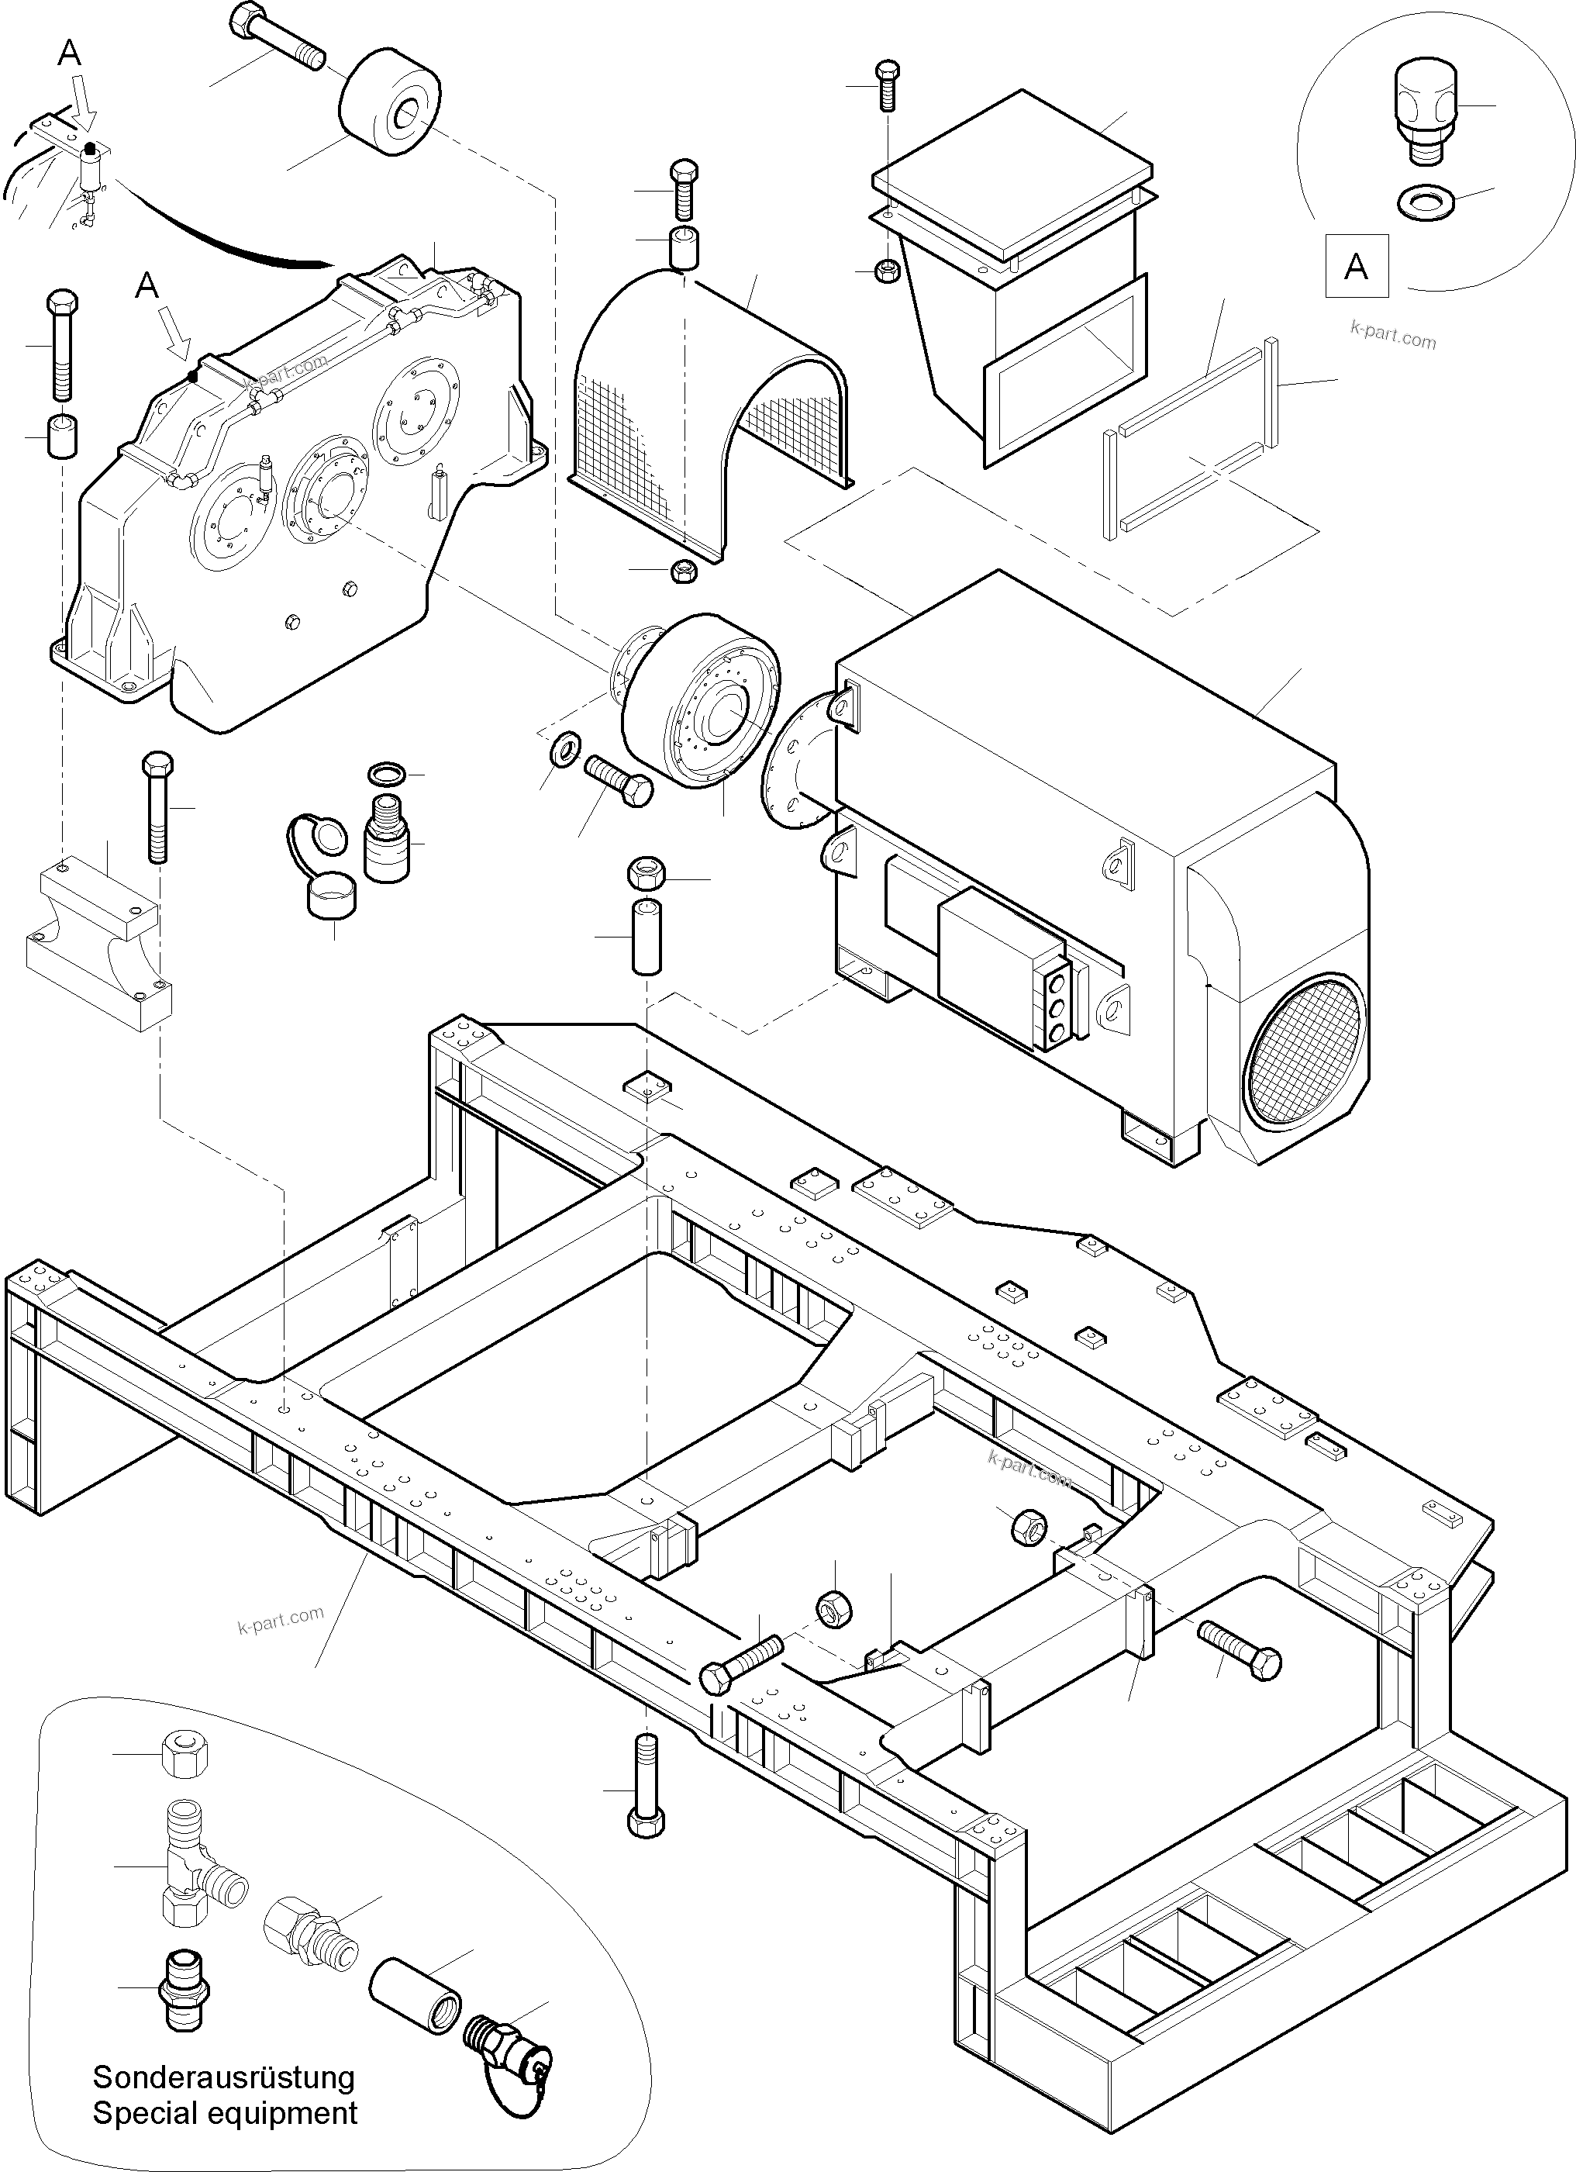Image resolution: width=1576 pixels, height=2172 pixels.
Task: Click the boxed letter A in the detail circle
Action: point(1356,264)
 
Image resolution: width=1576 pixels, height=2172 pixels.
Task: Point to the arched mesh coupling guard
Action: point(709,403)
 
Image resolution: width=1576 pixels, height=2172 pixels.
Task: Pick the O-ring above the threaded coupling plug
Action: point(387,772)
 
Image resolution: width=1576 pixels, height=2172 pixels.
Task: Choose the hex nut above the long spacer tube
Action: point(647,873)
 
